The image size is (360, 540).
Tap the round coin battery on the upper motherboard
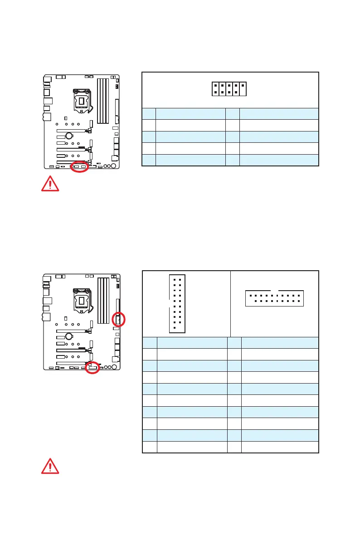coord(69,135)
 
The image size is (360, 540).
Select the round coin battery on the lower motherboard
coord(69,336)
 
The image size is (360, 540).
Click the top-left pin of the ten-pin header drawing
coord(215,85)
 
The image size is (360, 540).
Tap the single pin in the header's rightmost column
coord(243,85)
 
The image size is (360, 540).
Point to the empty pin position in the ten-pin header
coord(243,92)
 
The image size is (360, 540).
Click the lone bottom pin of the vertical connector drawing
coord(175,329)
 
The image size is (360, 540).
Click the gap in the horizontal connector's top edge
coord(274,291)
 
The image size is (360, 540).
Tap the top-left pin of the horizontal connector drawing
coord(250,295)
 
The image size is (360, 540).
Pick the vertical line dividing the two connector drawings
coord(231,303)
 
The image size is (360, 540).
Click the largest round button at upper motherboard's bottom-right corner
coord(113,165)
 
